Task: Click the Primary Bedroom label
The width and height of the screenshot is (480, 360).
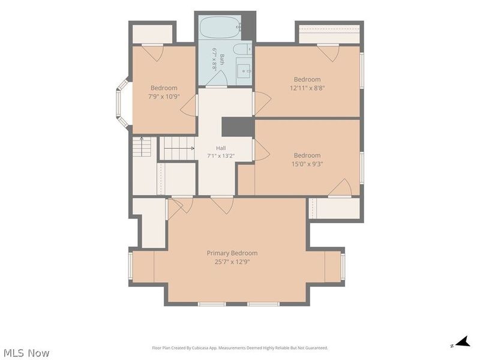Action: pos(232,253)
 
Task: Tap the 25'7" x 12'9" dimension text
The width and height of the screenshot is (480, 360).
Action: pos(232,262)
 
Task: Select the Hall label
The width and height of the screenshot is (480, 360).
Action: pos(221,148)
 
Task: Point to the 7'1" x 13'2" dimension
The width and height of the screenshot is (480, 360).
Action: pos(221,156)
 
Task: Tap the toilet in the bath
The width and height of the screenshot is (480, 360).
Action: pos(242,49)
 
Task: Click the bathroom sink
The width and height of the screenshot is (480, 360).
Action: pos(244,71)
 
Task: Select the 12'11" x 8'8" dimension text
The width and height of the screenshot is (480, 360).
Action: pos(307,88)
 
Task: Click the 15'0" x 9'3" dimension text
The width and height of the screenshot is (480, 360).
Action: pos(307,164)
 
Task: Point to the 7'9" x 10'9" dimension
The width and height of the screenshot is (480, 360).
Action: pos(164,97)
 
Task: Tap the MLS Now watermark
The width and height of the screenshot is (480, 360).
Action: pos(26,353)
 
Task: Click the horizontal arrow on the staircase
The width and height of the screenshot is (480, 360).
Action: pos(179,148)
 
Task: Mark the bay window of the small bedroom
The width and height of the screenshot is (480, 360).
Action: pos(122,103)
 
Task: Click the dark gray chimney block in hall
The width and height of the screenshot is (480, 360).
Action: pos(238,127)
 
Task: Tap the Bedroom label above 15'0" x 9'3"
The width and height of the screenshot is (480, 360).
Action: pos(307,155)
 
